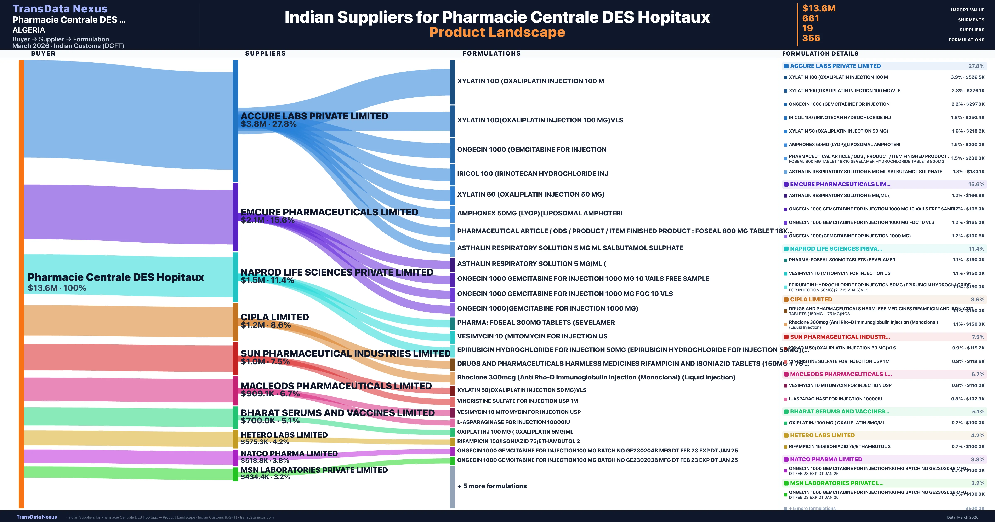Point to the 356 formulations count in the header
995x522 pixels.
coord(811,38)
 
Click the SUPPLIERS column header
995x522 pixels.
coord(265,53)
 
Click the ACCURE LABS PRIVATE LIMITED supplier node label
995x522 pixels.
coord(314,116)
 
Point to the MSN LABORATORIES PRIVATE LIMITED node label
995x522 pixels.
coord(314,470)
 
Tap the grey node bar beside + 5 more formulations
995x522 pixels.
coord(452,487)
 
